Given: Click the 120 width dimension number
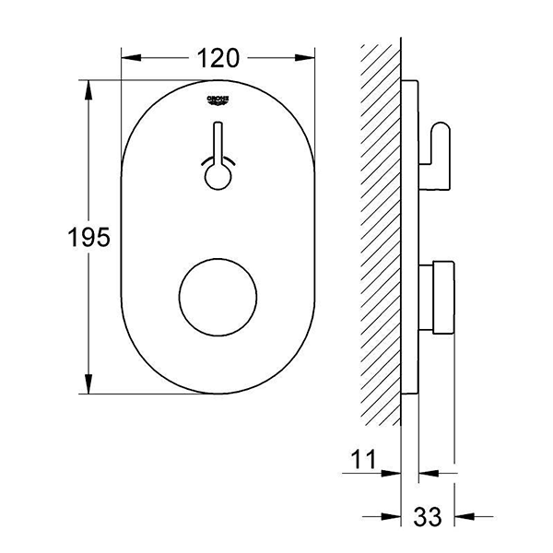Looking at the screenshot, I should coord(219,57).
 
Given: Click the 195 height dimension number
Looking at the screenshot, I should coord(89,237).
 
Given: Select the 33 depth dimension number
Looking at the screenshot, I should coord(432,517).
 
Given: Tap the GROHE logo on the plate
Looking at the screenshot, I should coord(218,100).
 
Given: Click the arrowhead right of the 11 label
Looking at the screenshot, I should coord(394,477).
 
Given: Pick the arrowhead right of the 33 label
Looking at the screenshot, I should coord(465,517).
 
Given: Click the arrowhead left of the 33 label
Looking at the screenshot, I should coord(394,517).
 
